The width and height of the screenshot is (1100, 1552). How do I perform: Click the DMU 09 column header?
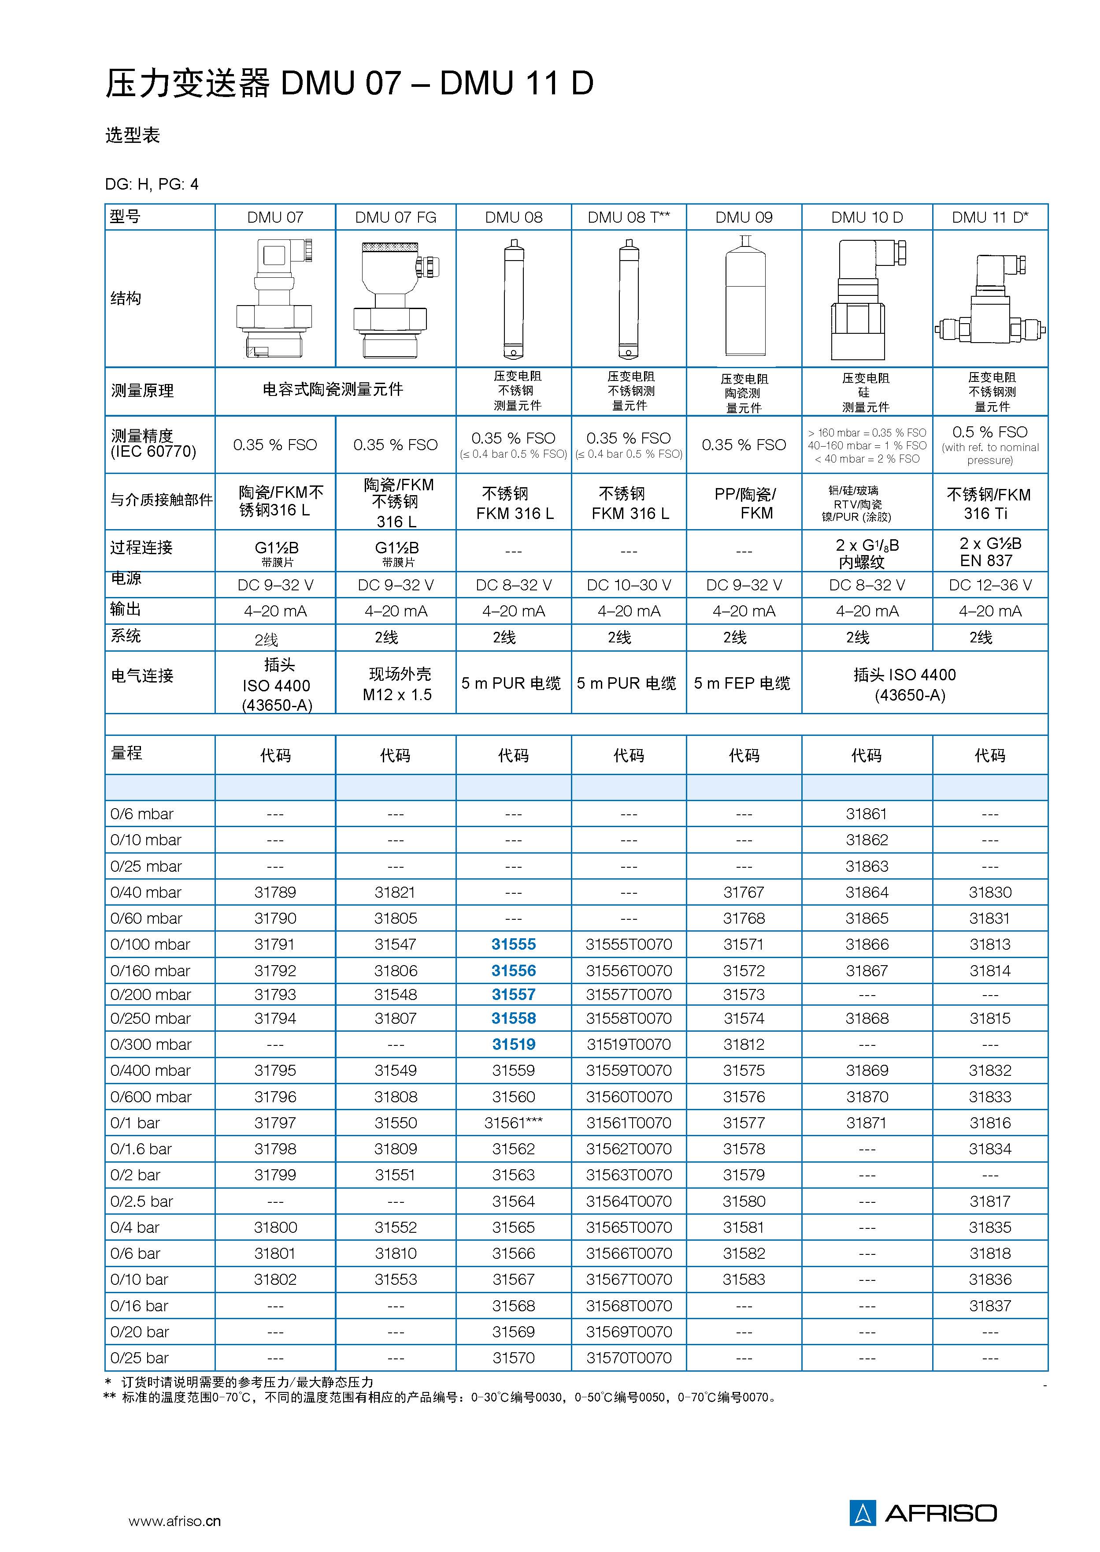[x=743, y=217]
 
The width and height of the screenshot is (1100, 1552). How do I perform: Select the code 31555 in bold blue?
[x=513, y=944]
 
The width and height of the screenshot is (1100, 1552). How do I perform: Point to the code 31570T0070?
[x=629, y=1358]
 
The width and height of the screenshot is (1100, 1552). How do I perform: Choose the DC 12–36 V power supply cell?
[x=989, y=585]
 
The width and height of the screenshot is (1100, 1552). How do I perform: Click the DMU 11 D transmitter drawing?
[x=989, y=299]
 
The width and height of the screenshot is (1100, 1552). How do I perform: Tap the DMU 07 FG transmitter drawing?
[x=396, y=299]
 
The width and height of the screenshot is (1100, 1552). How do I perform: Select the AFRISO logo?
[x=922, y=1513]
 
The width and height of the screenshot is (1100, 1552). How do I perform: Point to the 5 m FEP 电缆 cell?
[x=742, y=683]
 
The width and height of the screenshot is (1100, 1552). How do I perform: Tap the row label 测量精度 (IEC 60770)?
[x=153, y=444]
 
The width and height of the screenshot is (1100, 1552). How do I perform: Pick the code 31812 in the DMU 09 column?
[x=743, y=1045]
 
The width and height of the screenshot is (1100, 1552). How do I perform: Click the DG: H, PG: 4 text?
[x=152, y=184]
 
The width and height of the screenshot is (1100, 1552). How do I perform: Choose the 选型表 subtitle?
[x=132, y=135]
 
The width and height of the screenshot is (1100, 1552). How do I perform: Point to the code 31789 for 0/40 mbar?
[x=275, y=892]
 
